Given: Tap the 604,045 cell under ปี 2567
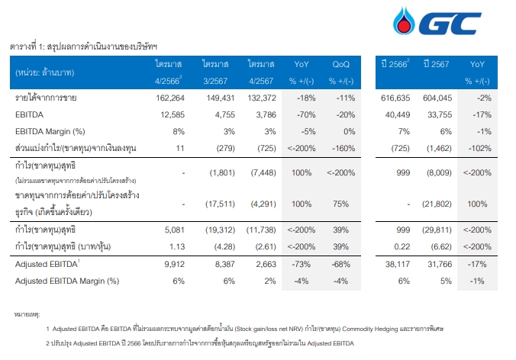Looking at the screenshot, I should (437, 98).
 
